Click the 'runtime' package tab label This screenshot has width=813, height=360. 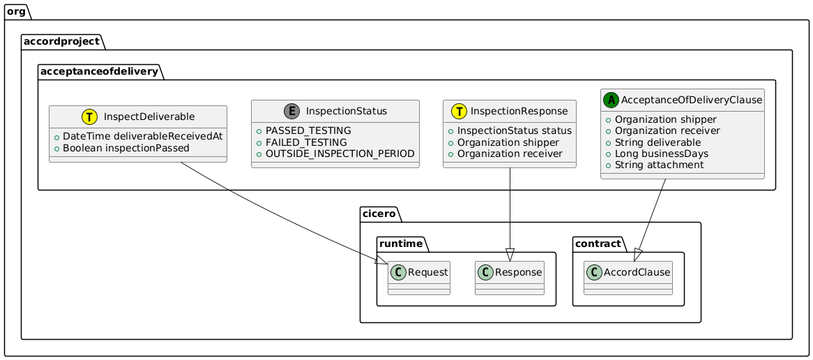pos(400,243)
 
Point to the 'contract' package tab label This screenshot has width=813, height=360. pos(596,243)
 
